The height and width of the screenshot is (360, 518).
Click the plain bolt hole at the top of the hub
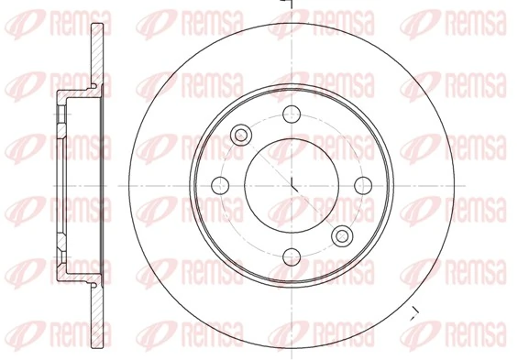click(x=292, y=114)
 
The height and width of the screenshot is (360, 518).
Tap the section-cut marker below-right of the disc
click(x=414, y=312)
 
